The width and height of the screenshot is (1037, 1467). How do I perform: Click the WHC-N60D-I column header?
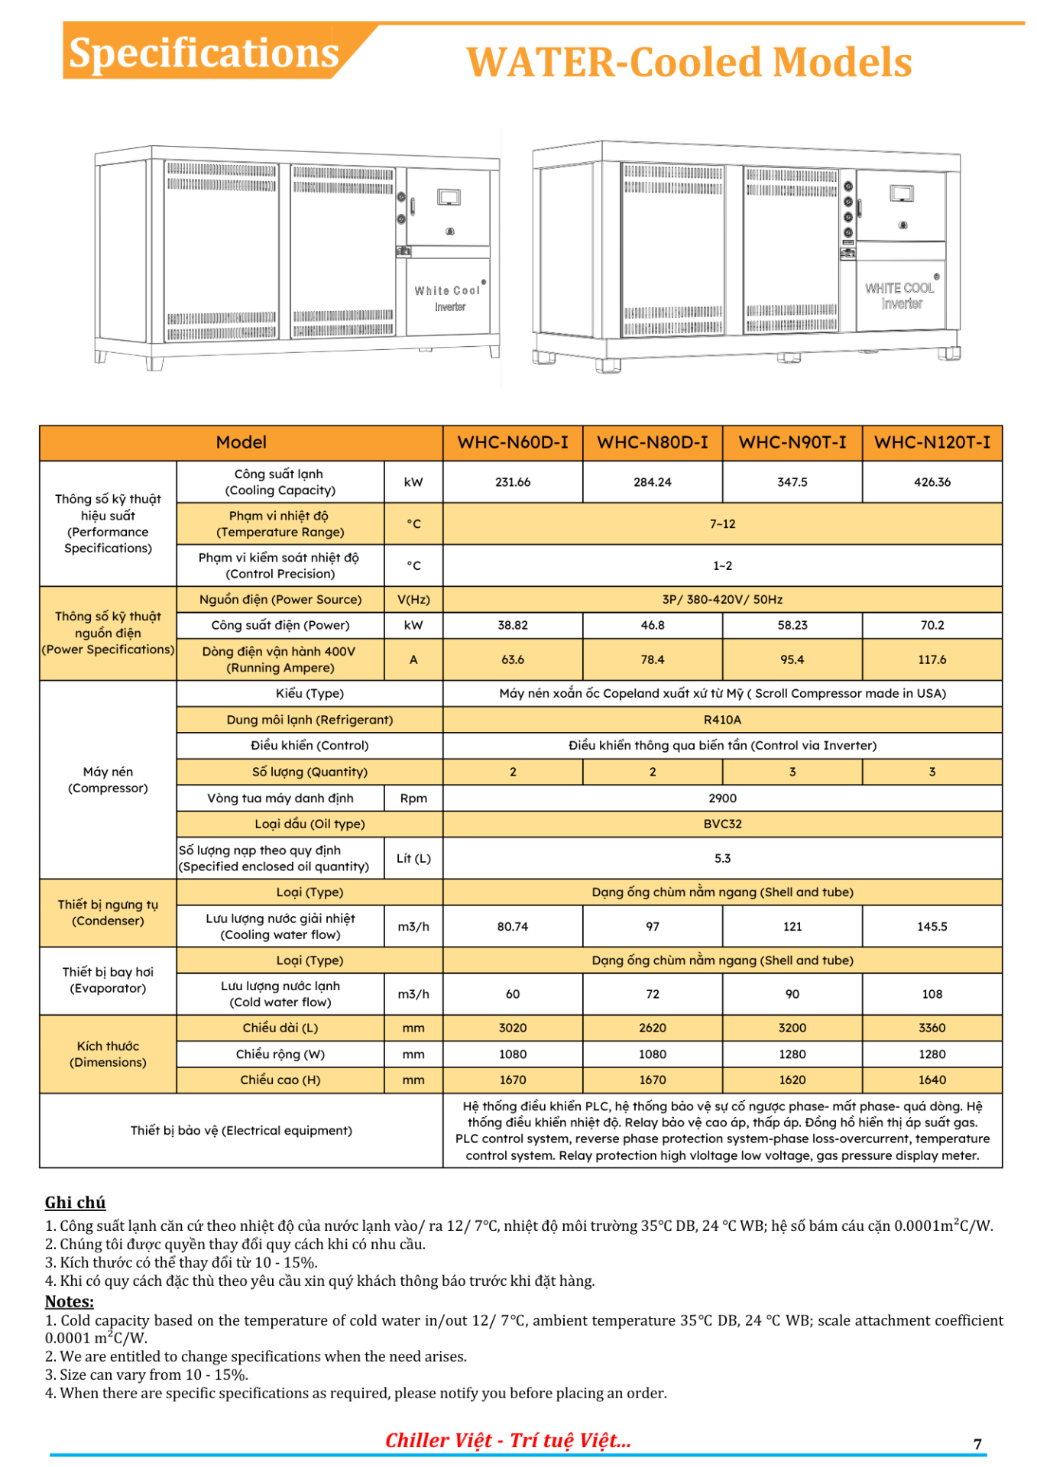tap(512, 442)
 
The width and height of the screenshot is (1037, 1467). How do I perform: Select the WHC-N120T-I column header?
tap(932, 442)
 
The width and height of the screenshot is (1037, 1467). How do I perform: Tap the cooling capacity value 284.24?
tap(652, 482)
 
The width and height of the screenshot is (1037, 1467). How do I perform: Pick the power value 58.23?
tap(792, 625)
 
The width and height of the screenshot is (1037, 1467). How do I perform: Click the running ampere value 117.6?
tap(932, 659)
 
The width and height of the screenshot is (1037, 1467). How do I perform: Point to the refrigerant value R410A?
tap(722, 720)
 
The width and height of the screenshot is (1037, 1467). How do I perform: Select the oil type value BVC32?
tap(722, 824)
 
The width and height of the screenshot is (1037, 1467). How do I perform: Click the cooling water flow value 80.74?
tap(512, 927)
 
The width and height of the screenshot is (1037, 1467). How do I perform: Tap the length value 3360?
tap(932, 1028)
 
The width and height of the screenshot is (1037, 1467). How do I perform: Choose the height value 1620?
tap(792, 1080)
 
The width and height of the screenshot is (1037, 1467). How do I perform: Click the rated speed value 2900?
tap(722, 798)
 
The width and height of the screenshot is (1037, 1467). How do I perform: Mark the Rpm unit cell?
tap(413, 798)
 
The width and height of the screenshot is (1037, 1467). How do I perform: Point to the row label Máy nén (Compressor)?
tap(108, 779)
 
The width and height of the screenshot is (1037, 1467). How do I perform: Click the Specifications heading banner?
tap(203, 53)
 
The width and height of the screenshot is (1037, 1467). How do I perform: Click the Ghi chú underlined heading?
tap(75, 1203)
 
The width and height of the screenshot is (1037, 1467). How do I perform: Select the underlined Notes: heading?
tap(70, 1301)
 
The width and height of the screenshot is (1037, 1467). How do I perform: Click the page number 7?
tap(977, 1443)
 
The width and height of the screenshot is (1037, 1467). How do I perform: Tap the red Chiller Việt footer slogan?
tap(508, 1440)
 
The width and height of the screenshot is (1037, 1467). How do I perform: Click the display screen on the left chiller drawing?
tap(449, 198)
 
